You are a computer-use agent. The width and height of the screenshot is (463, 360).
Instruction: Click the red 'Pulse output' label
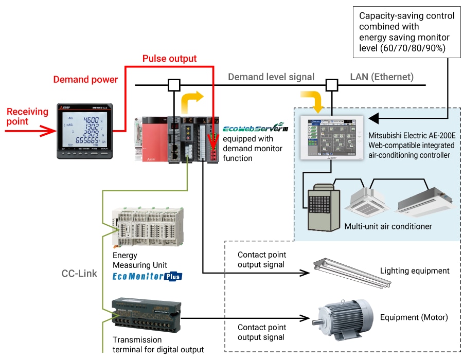click(x=169, y=59)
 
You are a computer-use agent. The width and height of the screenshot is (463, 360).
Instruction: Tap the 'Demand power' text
click(x=85, y=79)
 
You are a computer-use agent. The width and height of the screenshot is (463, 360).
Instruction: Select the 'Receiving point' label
click(x=27, y=116)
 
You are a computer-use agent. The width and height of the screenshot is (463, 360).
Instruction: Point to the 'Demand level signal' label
click(x=271, y=77)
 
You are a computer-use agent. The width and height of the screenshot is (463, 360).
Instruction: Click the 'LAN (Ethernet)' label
click(x=382, y=77)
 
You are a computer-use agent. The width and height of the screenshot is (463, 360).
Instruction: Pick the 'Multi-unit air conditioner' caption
click(x=388, y=226)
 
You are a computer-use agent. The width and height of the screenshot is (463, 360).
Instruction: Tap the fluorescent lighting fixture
click(x=350, y=273)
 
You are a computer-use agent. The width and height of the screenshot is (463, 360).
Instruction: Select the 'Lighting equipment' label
click(x=415, y=271)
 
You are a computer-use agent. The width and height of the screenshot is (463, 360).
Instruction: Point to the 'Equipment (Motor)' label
click(x=414, y=317)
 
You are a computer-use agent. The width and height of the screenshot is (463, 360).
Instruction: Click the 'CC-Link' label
click(x=80, y=274)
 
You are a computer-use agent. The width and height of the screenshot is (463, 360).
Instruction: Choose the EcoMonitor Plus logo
click(x=147, y=276)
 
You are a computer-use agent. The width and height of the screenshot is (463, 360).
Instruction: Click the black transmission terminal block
click(x=146, y=314)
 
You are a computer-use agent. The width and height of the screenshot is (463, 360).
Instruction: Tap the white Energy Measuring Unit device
click(x=148, y=226)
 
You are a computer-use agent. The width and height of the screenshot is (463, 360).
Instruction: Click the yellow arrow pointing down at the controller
click(x=315, y=101)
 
